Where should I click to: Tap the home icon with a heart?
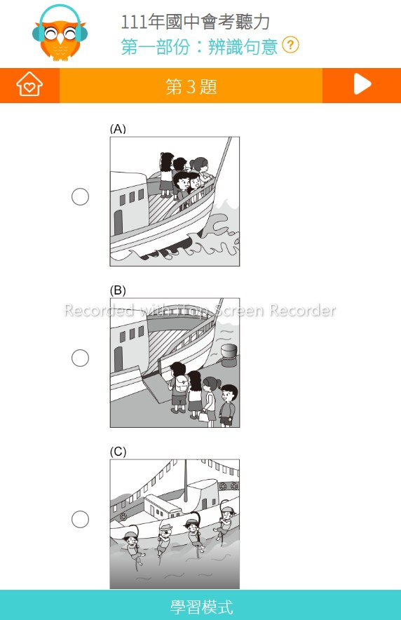click(x=29, y=84)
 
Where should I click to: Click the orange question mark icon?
click(x=290, y=45)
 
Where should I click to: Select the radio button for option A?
click(x=80, y=196)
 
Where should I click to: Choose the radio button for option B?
click(x=80, y=358)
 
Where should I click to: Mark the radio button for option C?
click(x=80, y=519)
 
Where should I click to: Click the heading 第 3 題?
click(x=191, y=86)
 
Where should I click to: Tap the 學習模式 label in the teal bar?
click(x=201, y=607)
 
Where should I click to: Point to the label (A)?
click(x=118, y=129)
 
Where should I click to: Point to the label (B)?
click(x=118, y=290)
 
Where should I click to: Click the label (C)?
click(x=118, y=452)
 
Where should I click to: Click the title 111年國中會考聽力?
click(x=195, y=22)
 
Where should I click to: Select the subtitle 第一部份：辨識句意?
click(x=199, y=46)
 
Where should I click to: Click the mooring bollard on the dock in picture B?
click(x=229, y=355)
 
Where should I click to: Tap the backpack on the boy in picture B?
click(x=181, y=383)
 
